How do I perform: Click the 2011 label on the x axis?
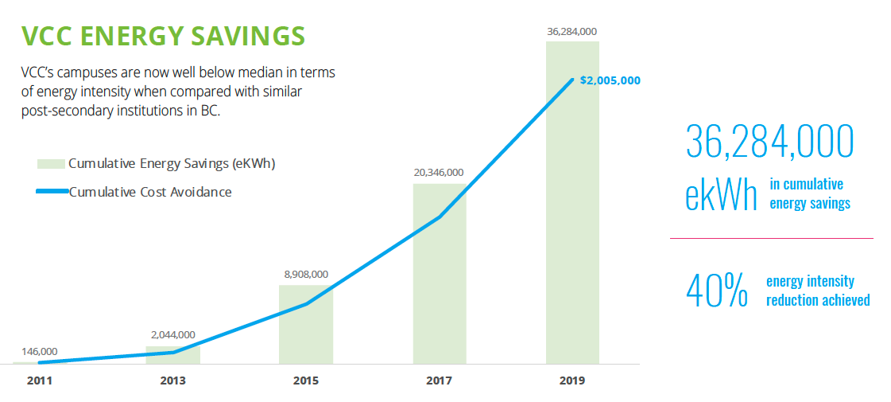(39, 381)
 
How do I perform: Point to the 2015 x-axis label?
(306, 381)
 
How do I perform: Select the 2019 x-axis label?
(572, 381)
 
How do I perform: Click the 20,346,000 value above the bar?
(439, 172)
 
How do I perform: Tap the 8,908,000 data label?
(306, 275)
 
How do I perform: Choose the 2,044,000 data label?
(172, 335)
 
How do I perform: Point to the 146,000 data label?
(39, 352)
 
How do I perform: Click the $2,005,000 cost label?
(610, 80)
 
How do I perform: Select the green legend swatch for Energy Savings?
(50, 164)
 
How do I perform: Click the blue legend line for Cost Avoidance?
(52, 192)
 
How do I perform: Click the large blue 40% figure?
(716, 291)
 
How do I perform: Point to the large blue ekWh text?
(721, 195)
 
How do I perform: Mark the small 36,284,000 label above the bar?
(572, 32)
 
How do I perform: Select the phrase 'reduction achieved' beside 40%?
(818, 300)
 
